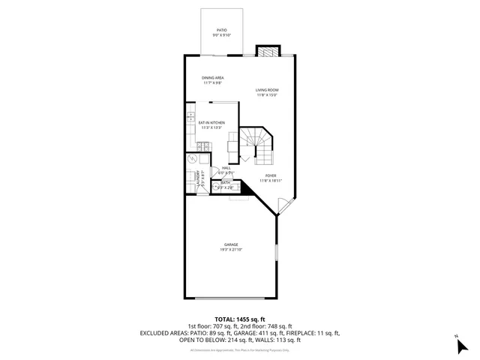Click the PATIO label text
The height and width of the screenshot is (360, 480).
(222, 30)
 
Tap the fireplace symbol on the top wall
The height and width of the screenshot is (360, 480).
(267, 51)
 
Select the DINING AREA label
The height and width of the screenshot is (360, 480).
(213, 78)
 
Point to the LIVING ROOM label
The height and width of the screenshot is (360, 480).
(266, 90)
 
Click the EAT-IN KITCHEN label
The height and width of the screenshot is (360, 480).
(211, 122)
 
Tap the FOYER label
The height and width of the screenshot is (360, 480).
(270, 175)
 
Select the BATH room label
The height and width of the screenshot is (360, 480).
(226, 182)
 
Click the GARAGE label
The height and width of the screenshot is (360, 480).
(230, 244)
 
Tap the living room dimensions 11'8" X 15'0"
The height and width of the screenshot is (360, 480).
(266, 95)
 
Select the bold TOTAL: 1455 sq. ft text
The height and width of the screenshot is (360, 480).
(239, 319)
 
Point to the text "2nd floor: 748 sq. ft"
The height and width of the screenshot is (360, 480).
(268, 326)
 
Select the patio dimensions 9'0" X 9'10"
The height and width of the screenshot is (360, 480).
(222, 35)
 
